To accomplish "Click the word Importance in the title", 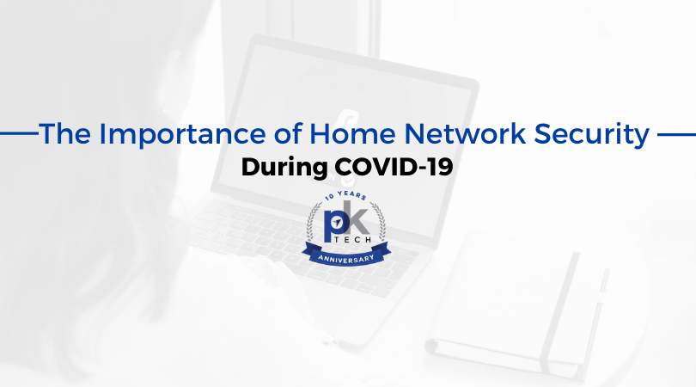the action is click(x=182, y=134).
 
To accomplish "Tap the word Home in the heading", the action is click(x=352, y=133).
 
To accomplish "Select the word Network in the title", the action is click(x=465, y=133).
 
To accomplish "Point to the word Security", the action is click(x=592, y=135).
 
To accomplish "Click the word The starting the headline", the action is click(x=64, y=133).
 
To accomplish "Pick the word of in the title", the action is click(x=288, y=133).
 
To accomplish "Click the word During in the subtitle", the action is click(x=284, y=168).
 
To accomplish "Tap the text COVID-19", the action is click(x=394, y=167).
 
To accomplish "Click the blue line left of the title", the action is click(x=19, y=132).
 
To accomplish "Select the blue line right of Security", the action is click(x=676, y=134).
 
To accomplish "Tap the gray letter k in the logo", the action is click(x=357, y=218).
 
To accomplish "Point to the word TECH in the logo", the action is click(x=353, y=240).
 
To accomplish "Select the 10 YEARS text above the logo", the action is click(x=345, y=195).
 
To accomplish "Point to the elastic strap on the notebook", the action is click(x=560, y=312).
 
